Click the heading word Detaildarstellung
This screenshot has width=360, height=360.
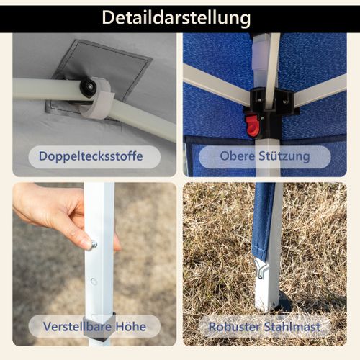point(176,18)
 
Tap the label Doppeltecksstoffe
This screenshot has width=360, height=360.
point(91,156)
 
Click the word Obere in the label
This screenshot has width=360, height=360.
point(237,156)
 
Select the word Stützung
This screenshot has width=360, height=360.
point(284,156)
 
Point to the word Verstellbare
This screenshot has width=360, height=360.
point(77,327)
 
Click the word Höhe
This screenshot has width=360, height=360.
point(131,327)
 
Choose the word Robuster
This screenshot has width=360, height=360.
point(234,327)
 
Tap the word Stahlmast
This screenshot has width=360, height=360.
point(292,327)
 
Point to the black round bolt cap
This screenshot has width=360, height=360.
point(88,87)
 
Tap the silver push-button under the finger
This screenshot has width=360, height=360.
point(94,245)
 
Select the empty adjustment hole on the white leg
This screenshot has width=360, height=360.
point(94,282)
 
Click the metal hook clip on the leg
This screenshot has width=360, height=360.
point(261,269)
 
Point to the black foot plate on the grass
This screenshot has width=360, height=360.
point(285,303)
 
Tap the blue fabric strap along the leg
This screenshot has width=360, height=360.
point(264,221)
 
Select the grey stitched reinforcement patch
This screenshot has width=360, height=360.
point(99,77)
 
